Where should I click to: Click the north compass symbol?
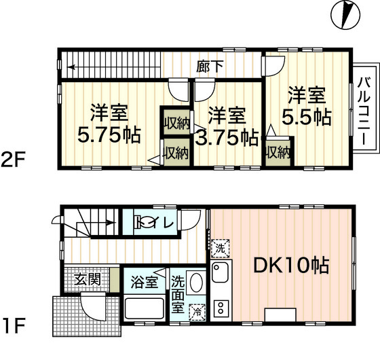pyautogui.click(x=345, y=15)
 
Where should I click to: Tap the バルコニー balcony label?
pyautogui.click(x=364, y=111)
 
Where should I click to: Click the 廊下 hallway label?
pyautogui.click(x=210, y=66)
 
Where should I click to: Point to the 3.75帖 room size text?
pyautogui.click(x=227, y=138)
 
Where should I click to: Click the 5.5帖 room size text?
pyautogui.click(x=307, y=117)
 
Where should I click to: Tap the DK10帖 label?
pyautogui.click(x=291, y=265)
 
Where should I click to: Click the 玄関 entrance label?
pyautogui.click(x=88, y=279)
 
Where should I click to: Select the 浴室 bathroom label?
pyautogui.click(x=145, y=282)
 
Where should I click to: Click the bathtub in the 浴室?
pyautogui.click(x=145, y=308)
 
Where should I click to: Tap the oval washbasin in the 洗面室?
pyautogui.click(x=196, y=283)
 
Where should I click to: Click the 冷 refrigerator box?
pyautogui.click(x=197, y=312)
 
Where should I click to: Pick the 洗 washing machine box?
pyautogui.click(x=221, y=249)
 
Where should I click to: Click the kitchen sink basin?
pyautogui.click(x=220, y=272)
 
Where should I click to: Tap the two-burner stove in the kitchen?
pyautogui.click(x=221, y=308)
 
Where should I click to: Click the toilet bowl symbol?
pyautogui.click(x=145, y=222)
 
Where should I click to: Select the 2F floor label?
pyautogui.click(x=13, y=160)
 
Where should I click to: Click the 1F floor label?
pyautogui.click(x=14, y=326)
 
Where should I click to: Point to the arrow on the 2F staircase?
pyautogui.click(x=72, y=67)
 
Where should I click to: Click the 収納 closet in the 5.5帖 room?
pyautogui.click(x=278, y=153)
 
